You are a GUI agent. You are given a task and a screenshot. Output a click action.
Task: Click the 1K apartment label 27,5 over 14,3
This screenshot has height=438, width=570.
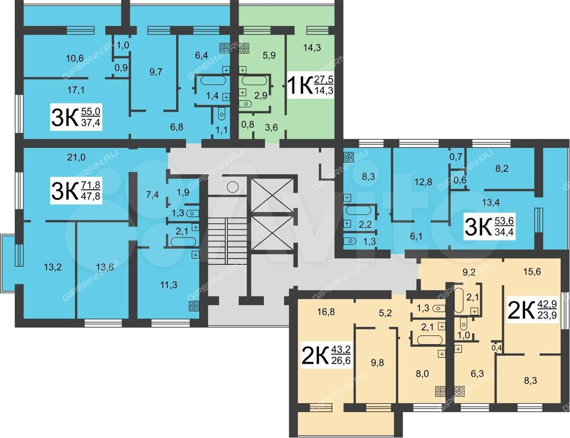click(x=311, y=86)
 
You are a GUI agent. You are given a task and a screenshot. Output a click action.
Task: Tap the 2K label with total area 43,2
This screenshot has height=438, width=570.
click(x=326, y=355)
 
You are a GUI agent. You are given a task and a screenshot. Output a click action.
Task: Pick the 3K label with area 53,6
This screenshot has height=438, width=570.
click(x=490, y=227)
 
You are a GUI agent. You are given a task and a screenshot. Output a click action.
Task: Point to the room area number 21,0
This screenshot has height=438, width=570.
click(x=76, y=157)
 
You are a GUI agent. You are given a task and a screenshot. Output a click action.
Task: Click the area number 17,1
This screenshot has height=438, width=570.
click(x=76, y=90)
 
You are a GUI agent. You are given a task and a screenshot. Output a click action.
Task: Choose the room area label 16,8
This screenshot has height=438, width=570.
click(x=326, y=312)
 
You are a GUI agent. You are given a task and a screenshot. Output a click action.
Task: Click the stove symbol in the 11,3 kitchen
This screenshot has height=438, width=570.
click(x=195, y=306)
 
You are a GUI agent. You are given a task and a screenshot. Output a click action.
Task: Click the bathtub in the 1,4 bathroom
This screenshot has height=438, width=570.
click(x=213, y=80)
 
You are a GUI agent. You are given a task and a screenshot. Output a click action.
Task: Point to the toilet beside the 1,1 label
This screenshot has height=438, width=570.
click(x=222, y=114)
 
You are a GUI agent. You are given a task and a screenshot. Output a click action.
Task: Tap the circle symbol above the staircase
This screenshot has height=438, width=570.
click(x=232, y=187)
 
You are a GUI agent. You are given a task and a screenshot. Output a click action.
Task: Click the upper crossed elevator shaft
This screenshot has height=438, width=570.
click(x=272, y=195)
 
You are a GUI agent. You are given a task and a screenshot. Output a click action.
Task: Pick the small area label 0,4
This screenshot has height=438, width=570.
click(x=496, y=348)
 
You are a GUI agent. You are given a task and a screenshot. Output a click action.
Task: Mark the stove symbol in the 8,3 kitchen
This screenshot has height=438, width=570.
click(x=349, y=157)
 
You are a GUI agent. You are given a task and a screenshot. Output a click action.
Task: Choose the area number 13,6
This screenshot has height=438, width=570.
click(x=105, y=267)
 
